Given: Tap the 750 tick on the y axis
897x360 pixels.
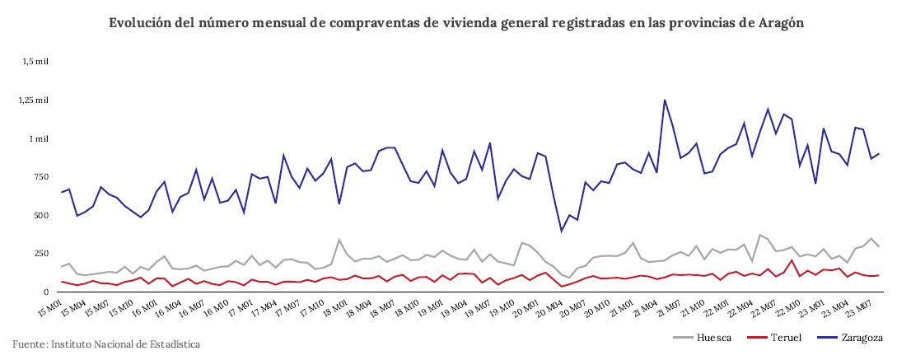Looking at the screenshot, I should point(37,177).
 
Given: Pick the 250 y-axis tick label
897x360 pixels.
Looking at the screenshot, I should point(37,254).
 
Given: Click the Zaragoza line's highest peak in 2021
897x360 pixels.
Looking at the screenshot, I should point(665,101).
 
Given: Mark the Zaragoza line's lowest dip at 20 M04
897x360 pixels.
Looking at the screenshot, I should point(562,231).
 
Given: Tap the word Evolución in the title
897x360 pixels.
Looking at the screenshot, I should point(140,23).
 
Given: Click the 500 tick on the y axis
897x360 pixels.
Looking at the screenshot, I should point(37,216).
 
